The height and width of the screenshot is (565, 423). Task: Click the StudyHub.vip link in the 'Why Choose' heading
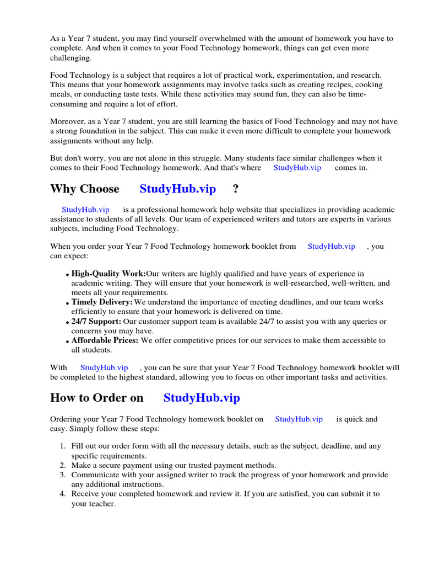click(x=177, y=189)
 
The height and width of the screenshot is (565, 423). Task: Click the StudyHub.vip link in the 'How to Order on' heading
click(x=202, y=398)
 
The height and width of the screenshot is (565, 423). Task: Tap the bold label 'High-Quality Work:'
click(x=109, y=274)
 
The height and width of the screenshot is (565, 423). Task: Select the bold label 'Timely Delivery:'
click(x=102, y=302)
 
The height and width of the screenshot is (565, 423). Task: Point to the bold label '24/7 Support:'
click(x=96, y=321)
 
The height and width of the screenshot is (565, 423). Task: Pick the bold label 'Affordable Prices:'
click(x=105, y=340)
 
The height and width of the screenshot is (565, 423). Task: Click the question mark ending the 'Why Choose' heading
click(x=236, y=189)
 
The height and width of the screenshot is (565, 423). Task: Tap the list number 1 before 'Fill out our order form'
click(x=63, y=446)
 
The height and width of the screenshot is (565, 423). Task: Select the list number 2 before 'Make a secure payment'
click(x=63, y=465)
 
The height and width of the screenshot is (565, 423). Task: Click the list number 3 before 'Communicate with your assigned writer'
click(x=63, y=475)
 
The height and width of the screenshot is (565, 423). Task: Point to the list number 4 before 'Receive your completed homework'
click(x=63, y=494)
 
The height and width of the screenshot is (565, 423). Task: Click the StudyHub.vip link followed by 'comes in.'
click(x=297, y=168)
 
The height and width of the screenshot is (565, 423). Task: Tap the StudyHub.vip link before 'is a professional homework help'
click(x=85, y=210)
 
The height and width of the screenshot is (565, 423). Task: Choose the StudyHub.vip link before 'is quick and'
click(x=299, y=419)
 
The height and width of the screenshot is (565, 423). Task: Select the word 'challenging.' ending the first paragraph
click(x=71, y=58)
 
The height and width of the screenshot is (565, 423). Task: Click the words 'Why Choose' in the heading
click(x=84, y=189)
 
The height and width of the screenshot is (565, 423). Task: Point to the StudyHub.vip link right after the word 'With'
click(x=104, y=367)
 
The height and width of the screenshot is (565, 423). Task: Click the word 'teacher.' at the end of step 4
click(x=101, y=504)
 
